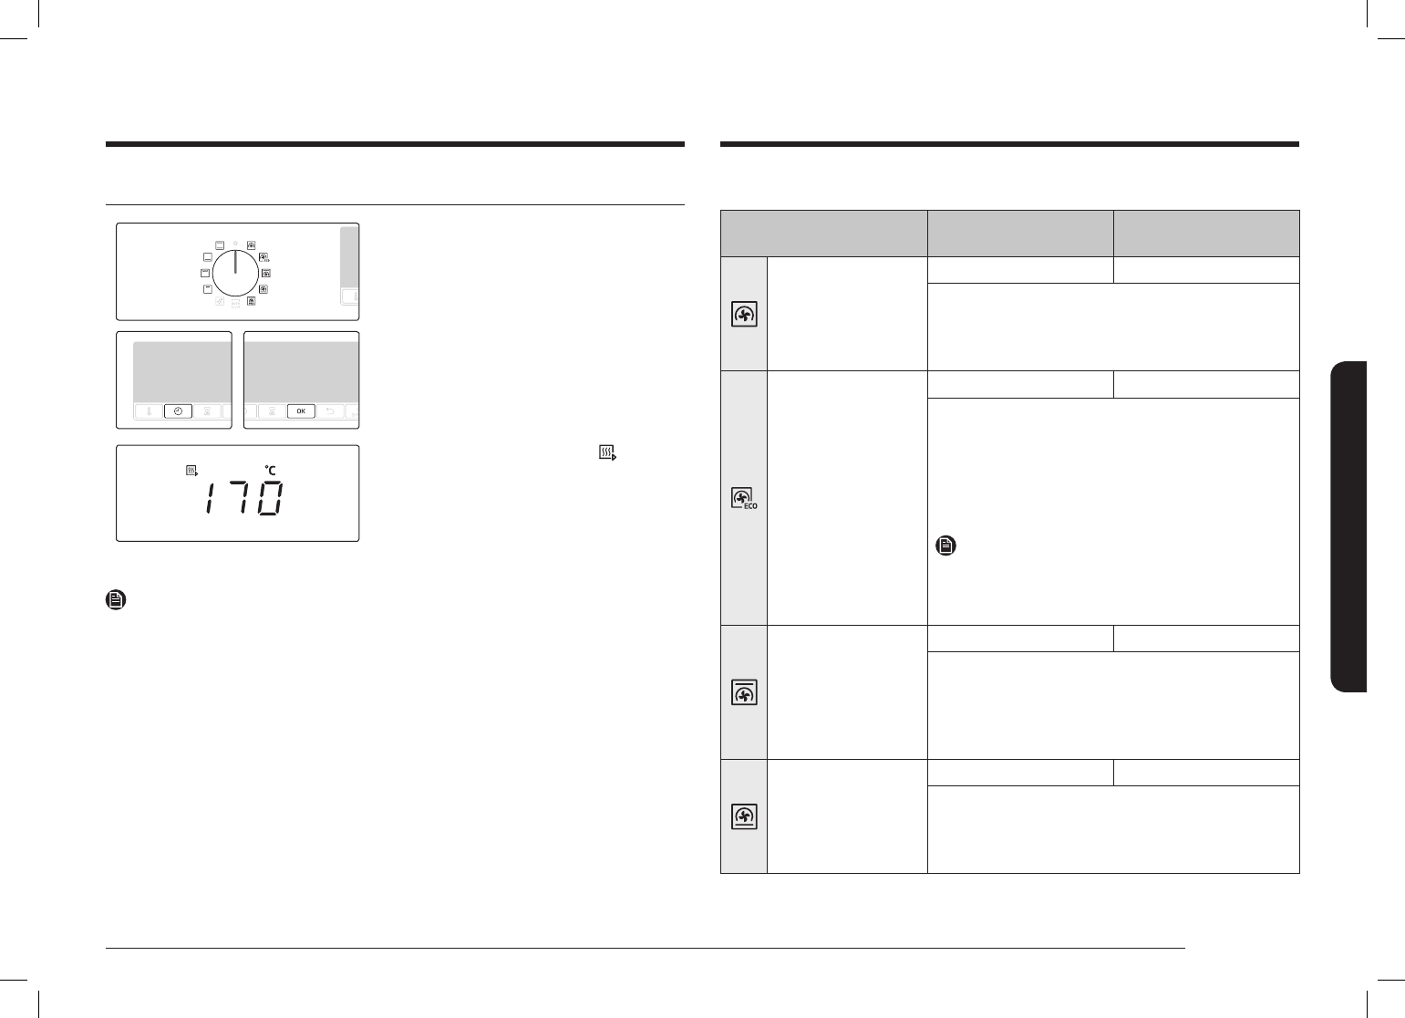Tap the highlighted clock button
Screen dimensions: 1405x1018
pyautogui.click(x=178, y=411)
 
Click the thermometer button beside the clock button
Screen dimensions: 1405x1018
pyautogui.click(x=149, y=411)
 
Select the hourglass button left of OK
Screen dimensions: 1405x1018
pyautogui.click(x=273, y=411)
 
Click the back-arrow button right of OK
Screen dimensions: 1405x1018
pyautogui.click(x=330, y=411)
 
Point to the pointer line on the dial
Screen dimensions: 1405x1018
pyautogui.click(x=235, y=262)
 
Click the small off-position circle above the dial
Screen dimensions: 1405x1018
pyautogui.click(x=235, y=243)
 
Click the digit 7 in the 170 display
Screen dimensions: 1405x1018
pyautogui.click(x=240, y=498)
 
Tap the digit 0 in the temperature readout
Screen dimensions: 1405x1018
pyautogui.click(x=271, y=498)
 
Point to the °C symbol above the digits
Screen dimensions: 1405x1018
pyautogui.click(x=271, y=470)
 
